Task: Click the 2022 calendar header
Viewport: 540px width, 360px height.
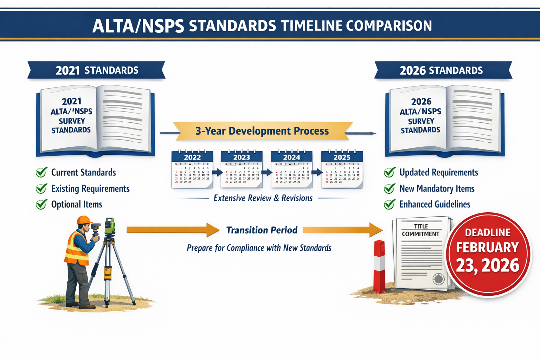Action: pos(192,157)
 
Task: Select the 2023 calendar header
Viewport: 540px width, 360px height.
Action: pos(242,157)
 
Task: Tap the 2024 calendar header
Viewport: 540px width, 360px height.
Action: pos(291,157)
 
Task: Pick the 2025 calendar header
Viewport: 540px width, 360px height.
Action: pos(342,157)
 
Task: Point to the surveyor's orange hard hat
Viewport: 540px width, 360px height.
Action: pos(84,220)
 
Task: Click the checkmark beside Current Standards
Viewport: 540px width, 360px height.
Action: pos(41,172)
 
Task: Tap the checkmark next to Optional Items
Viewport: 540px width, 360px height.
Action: pos(41,204)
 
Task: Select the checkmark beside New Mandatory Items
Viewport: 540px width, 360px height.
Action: pos(390,188)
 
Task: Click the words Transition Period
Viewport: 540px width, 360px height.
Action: pos(262,230)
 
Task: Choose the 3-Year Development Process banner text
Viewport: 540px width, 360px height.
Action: pos(262,131)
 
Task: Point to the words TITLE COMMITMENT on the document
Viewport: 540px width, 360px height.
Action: pos(421,230)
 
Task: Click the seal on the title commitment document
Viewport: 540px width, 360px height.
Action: pos(438,279)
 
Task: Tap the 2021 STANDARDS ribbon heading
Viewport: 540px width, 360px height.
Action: pos(97,70)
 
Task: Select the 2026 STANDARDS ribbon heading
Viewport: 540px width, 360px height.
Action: pos(441,70)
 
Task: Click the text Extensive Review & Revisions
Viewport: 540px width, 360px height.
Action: pos(263,198)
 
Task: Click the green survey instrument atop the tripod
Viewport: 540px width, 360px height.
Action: pos(110,226)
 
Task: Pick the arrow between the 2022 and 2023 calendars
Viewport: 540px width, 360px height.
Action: pos(217,172)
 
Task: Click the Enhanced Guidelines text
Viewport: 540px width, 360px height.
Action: pos(435,204)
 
